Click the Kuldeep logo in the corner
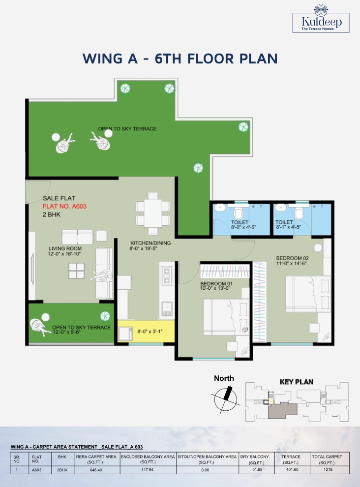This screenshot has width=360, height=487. pos(321,19)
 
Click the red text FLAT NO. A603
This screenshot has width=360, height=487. pos(64,206)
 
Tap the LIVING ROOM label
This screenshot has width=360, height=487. pos(65,248)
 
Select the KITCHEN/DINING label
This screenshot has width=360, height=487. pos(150,243)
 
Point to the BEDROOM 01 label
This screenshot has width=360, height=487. pos(216,283)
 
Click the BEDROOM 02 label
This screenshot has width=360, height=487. pos(292,258)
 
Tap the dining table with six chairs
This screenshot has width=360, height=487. pos(153,213)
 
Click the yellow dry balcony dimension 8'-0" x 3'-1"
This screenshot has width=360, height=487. pos(150,332)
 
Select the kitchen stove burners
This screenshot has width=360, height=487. pos(167,276)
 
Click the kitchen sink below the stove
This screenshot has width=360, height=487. pos(167,309)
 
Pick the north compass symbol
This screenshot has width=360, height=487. pos(226,399)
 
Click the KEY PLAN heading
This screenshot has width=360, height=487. pos(297,382)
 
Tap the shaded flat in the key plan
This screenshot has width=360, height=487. pos(282,410)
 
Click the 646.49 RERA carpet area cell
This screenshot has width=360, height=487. pos(96,470)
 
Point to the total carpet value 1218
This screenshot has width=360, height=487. pos(328,470)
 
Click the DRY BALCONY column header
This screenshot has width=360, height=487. pos(254,457)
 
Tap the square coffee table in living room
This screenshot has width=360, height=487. pos(76,271)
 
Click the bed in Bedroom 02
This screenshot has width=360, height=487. pos(308,294)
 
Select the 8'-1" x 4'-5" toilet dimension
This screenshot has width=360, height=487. pos(288,227)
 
